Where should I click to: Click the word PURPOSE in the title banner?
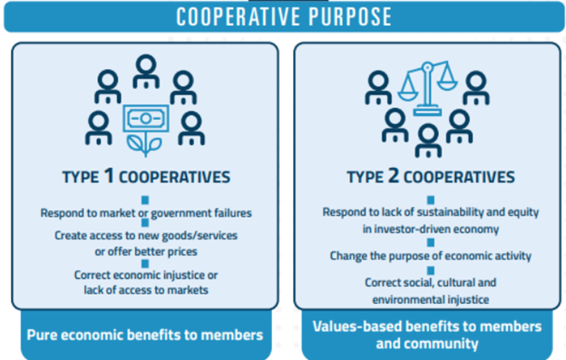click(x=350, y=16)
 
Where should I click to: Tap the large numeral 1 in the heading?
click(x=109, y=175)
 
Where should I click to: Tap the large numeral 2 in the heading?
click(x=393, y=175)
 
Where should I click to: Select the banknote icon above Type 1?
click(x=146, y=118)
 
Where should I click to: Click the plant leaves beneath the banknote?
click(x=144, y=145)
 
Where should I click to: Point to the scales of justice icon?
click(x=427, y=88)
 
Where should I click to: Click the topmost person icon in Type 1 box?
click(x=146, y=72)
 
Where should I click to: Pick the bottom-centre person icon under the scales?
click(x=428, y=141)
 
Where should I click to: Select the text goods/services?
click(x=200, y=236)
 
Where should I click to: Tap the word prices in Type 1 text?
click(x=181, y=252)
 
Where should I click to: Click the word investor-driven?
click(x=405, y=229)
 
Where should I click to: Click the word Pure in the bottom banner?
click(x=42, y=336)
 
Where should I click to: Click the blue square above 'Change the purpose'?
click(x=431, y=242)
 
